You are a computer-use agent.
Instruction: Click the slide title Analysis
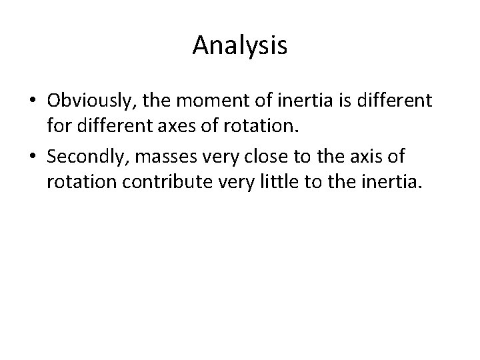coord(240,46)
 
